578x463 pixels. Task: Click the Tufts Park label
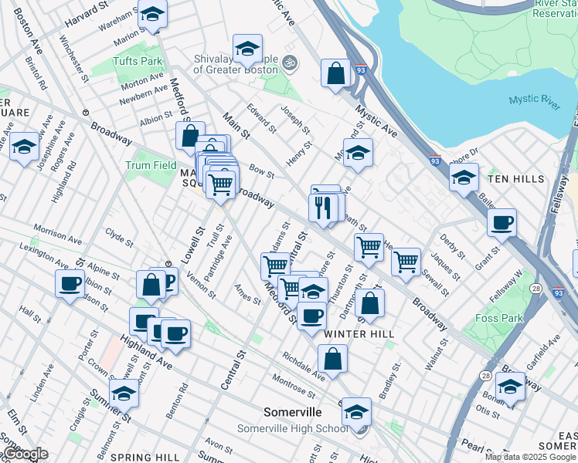point(138,61)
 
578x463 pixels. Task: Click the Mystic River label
point(534,100)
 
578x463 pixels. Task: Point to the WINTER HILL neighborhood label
point(359,333)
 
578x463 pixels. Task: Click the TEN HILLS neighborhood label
point(517,178)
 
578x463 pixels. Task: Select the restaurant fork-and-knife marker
point(322,207)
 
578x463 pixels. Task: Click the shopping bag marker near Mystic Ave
point(336,74)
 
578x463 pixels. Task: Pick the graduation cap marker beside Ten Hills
point(464,177)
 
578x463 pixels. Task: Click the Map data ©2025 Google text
point(530,457)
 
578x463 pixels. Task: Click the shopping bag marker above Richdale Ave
point(332,359)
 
